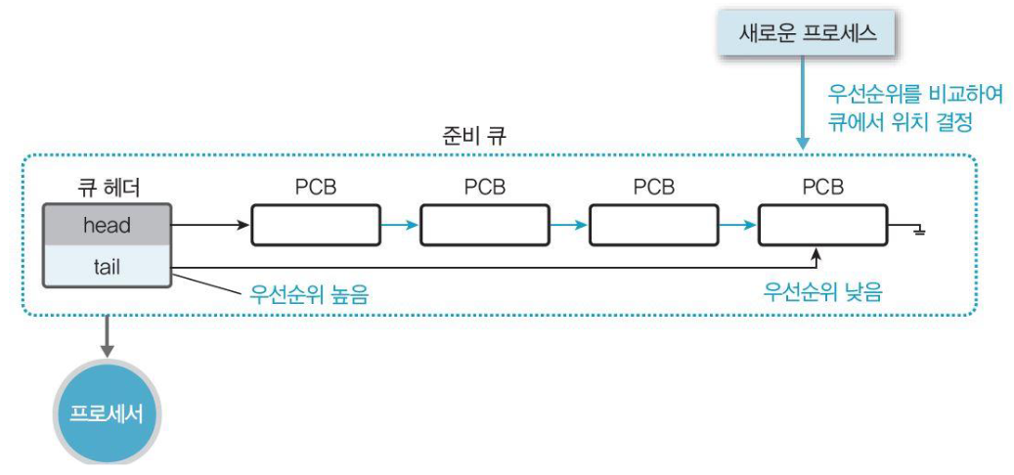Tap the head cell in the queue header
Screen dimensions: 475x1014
107,225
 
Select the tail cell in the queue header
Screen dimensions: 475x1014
107,265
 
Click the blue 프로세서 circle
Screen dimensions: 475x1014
107,412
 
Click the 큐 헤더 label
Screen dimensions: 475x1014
107,187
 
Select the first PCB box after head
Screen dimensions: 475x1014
316,225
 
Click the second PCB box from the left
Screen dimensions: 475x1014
485,225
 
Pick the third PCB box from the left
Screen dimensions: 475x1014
653,225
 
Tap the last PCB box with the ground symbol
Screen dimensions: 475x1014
822,225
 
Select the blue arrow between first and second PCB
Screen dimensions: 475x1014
400,225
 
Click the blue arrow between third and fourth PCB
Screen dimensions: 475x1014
738,225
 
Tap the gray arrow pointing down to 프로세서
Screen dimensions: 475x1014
107,337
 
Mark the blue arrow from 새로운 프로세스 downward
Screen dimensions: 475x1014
803,103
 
